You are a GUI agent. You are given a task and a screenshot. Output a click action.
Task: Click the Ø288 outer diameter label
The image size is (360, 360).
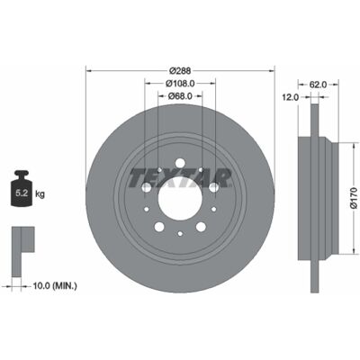coord(180,71)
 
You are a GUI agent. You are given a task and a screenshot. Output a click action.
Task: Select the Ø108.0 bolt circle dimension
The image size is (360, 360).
coord(180,84)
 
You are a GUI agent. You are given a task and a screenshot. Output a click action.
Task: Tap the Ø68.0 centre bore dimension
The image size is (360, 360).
coord(180,96)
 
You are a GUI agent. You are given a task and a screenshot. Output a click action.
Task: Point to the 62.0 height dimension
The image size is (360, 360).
coord(318,85)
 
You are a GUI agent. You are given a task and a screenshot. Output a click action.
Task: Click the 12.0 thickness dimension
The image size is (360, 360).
coord(290,97)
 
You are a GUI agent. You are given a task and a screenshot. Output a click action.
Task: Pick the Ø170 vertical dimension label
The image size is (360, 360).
coord(354,198)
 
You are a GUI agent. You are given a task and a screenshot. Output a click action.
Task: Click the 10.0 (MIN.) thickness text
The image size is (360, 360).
coord(55,286)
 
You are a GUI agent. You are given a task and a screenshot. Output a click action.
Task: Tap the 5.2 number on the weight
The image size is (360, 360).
coord(22,193)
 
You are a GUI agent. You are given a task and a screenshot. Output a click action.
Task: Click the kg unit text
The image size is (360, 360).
coord(40,194)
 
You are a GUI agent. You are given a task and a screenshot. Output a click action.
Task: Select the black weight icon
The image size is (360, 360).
coord(22,188)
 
